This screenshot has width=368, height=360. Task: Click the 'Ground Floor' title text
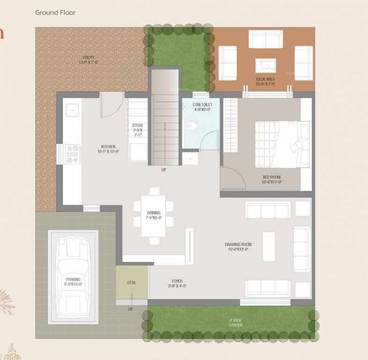coord(55,12)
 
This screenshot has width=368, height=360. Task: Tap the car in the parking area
coord(73,277)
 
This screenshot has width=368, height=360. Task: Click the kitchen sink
coord(72,110)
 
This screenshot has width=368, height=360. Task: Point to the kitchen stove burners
coord(73,154)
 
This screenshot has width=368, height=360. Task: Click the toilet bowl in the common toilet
coord(190,126)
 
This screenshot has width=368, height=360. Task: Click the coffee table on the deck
coord(265,65)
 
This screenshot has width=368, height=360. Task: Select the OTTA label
coord(132,283)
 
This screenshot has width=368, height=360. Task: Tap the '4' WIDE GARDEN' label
coord(236,323)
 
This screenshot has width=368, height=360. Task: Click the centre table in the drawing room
coord(269,246)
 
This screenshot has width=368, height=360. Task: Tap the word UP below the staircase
coord(164,170)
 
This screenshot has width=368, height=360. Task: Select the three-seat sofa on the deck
coord(265,39)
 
